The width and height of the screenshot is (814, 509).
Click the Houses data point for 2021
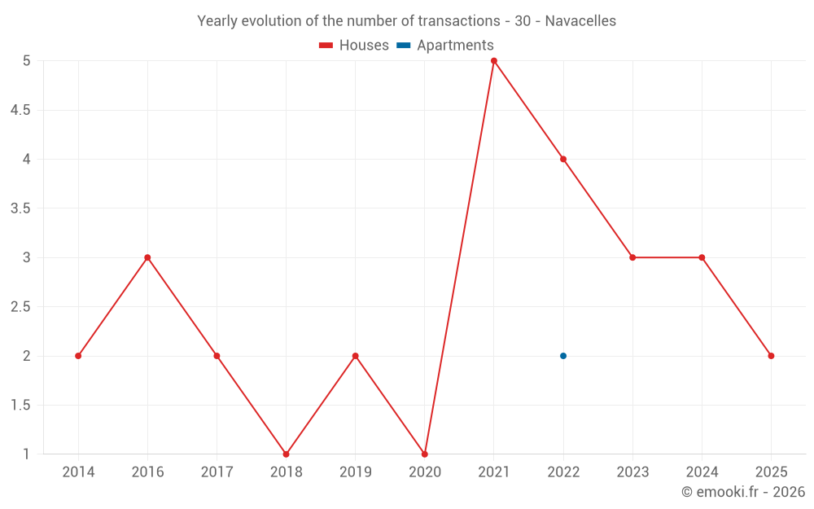494,61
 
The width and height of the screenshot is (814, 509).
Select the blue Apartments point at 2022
563,356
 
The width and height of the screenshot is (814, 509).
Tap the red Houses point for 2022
563,159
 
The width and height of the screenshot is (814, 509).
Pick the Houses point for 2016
147,257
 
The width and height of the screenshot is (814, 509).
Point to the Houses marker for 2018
286,454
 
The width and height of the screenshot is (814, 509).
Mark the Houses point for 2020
425,454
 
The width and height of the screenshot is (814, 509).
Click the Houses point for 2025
771,356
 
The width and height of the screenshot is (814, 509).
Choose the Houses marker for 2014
78,356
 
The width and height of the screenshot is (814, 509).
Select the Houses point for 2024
702,257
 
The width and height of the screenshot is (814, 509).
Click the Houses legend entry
354,46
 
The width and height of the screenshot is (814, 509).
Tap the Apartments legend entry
445,46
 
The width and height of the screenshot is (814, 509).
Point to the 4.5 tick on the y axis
20,110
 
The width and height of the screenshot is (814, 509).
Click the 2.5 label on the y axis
20,307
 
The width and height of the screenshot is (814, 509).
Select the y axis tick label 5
26,61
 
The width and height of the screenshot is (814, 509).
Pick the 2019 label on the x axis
355,472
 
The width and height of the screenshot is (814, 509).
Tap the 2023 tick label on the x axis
632,472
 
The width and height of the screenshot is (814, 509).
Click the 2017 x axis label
217,472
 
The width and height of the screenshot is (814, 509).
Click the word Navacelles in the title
580,21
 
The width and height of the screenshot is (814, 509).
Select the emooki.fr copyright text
743,492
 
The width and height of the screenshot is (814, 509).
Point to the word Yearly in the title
217,21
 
